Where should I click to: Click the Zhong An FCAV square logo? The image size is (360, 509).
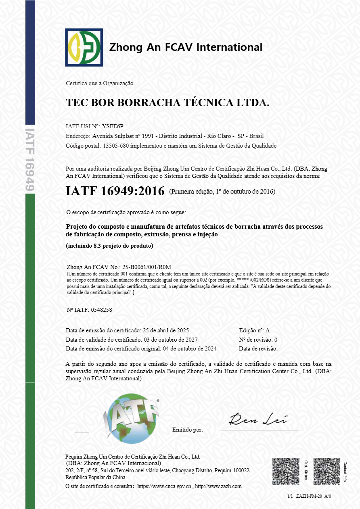tap(84, 47)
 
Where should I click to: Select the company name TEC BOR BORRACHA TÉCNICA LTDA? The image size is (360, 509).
tap(167, 103)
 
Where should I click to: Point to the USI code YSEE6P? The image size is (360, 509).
tap(113, 126)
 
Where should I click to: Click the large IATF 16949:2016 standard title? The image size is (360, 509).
tap(115, 191)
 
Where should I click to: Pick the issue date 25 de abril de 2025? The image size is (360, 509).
tap(166, 330)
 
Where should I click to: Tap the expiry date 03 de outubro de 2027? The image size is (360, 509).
tap(170, 339)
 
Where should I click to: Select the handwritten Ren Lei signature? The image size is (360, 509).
tap(257, 420)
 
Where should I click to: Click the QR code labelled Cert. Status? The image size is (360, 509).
tap(286, 471)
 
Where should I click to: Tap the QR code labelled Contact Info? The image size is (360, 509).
tap(327, 471)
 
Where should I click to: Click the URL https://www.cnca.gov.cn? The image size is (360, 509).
tap(164, 486)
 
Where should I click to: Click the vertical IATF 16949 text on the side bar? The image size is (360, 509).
tap(30, 159)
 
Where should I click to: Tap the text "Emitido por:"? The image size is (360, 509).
tap(187, 430)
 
